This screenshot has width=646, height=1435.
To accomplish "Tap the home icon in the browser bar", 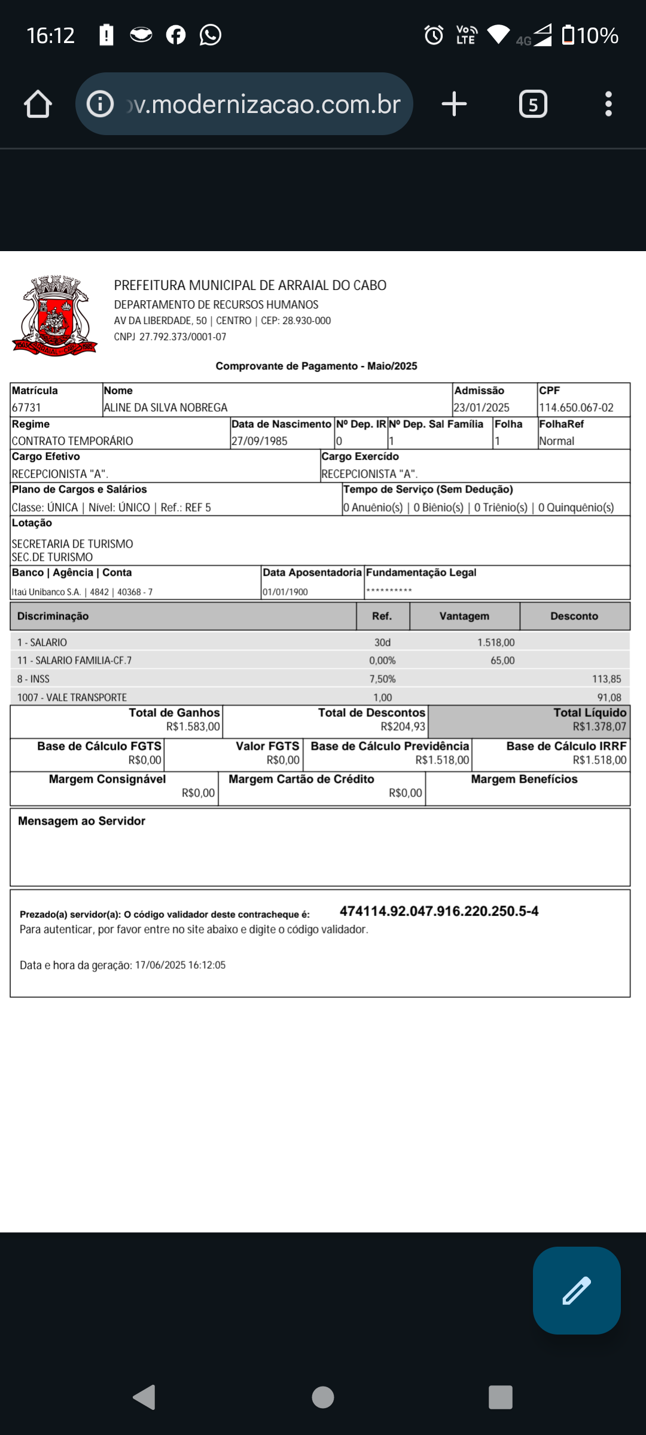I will (x=38, y=104).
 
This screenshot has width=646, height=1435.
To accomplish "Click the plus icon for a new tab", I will (x=454, y=104).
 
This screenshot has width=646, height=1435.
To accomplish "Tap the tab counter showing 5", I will (x=533, y=104).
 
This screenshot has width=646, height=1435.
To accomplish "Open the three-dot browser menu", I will (x=608, y=104).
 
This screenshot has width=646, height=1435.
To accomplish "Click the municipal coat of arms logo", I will (x=55, y=316).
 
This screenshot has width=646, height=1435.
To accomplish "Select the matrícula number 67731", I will (x=27, y=408).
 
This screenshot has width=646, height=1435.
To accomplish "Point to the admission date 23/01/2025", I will (x=482, y=408).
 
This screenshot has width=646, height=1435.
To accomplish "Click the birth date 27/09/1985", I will (x=260, y=441).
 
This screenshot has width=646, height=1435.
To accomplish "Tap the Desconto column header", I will (x=574, y=616).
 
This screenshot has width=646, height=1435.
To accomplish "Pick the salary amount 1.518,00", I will (x=496, y=643).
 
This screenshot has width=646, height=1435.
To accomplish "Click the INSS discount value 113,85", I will (x=607, y=679).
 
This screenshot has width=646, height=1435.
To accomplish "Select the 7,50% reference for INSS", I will (x=382, y=679).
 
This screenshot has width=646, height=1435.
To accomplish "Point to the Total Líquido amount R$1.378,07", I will (x=599, y=727).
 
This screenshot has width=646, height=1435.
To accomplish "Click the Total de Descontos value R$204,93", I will (x=403, y=727).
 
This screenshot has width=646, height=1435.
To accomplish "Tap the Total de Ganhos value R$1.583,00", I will (x=193, y=727).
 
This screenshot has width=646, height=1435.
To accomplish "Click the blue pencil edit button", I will (x=577, y=1290).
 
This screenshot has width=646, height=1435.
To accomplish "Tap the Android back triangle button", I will (x=144, y=1397).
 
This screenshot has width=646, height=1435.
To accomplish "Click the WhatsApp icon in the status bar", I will (x=211, y=35).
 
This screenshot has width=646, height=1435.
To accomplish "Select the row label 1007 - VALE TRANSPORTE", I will (x=72, y=698).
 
